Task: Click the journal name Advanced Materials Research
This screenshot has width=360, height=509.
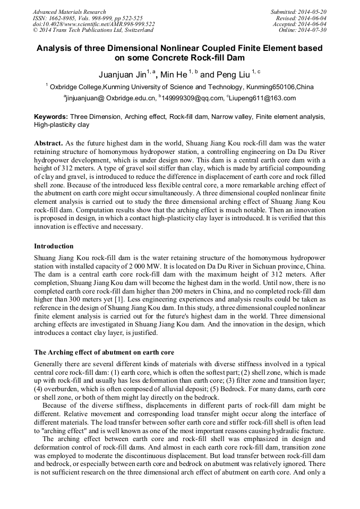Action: click(69, 12)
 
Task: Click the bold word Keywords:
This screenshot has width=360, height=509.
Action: click(50, 116)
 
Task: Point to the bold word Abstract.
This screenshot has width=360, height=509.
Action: click(48, 144)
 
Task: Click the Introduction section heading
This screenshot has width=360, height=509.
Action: click(54, 246)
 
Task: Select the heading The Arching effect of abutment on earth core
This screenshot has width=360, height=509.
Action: click(104, 352)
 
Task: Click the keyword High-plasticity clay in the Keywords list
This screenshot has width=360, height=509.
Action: click(62, 125)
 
